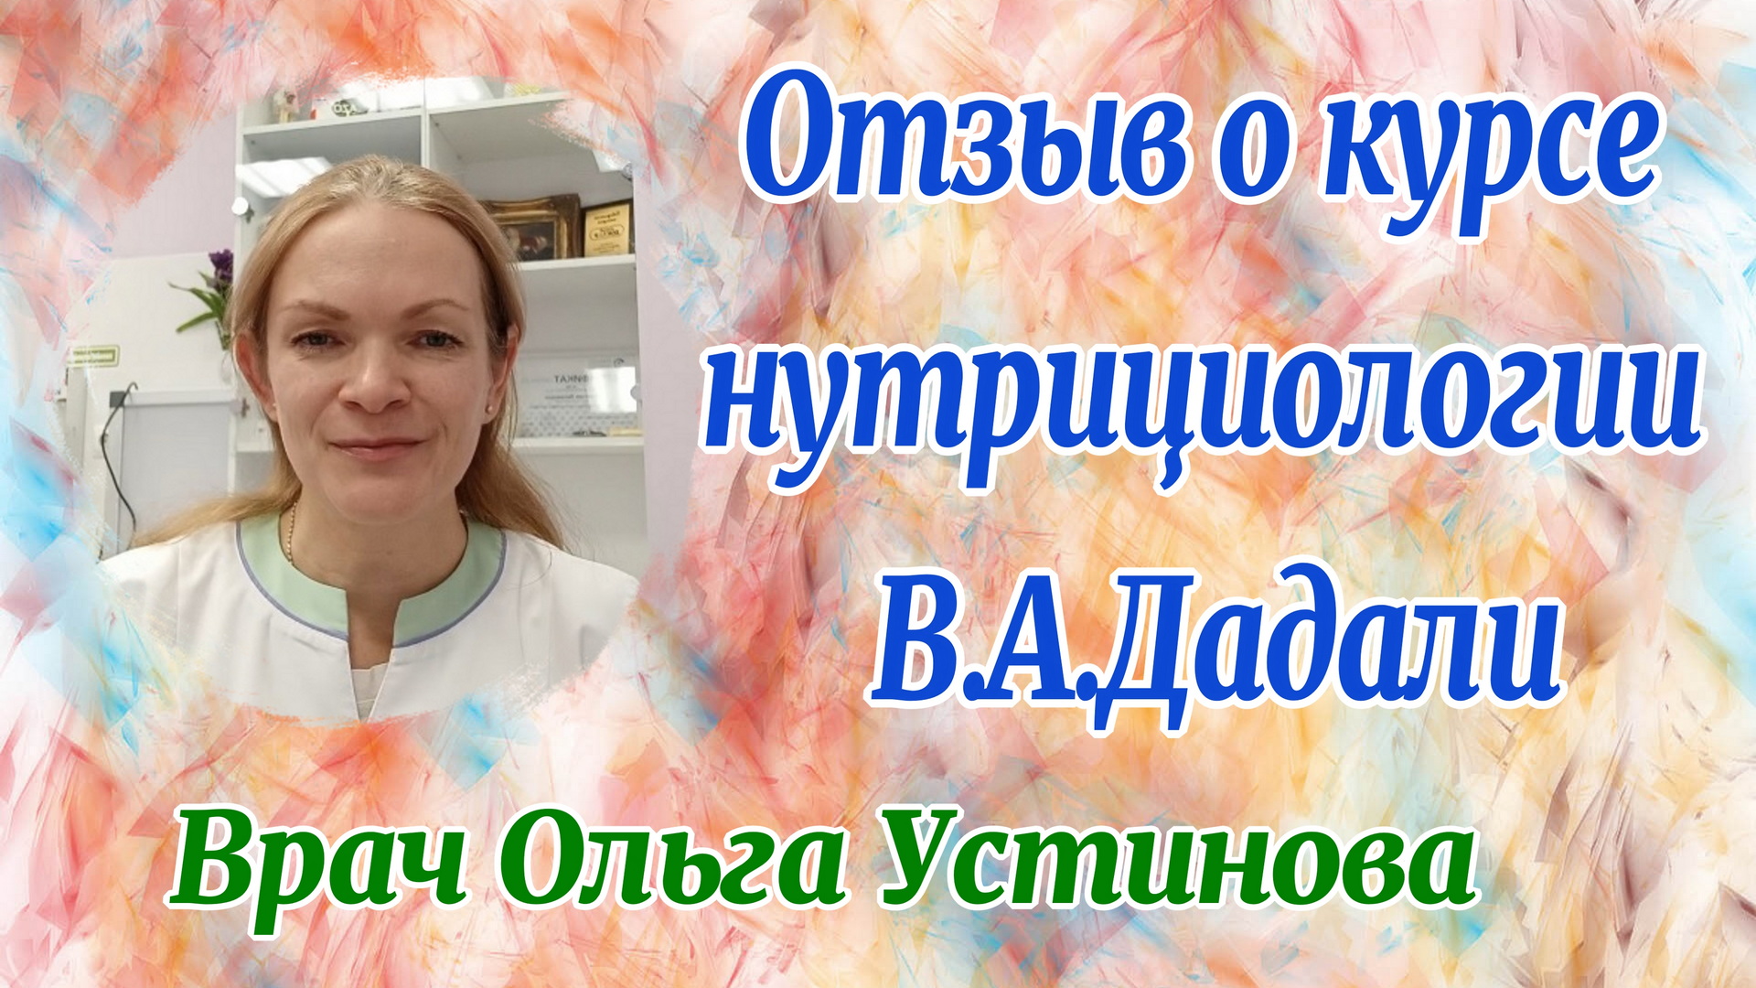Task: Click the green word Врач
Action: point(316,869)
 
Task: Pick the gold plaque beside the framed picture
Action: point(606,229)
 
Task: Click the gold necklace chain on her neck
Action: point(292,531)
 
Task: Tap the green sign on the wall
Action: point(95,355)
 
